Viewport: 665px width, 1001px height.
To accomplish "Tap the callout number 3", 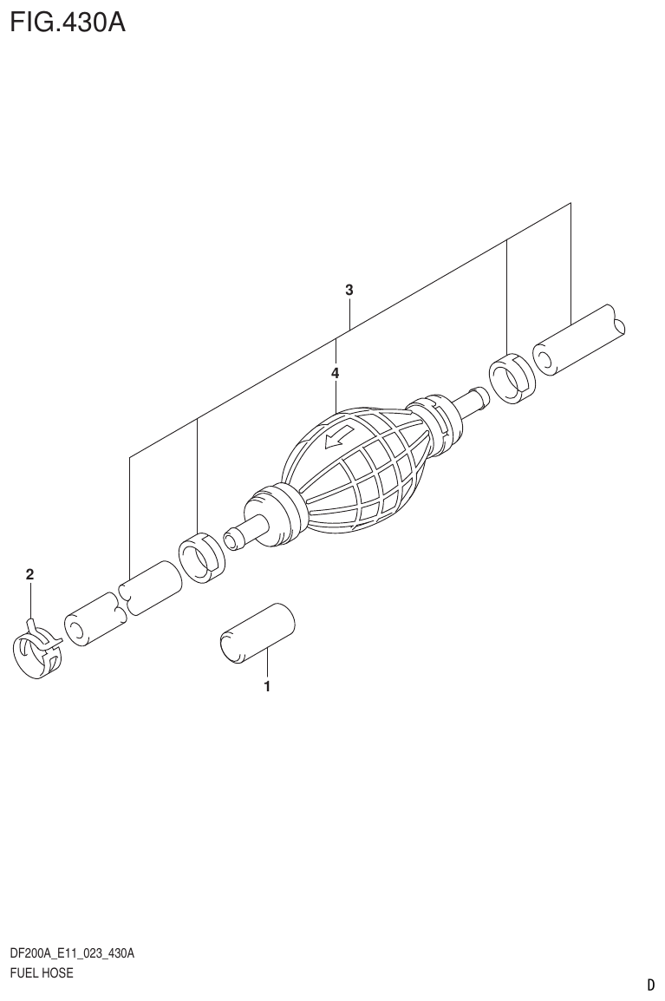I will pyautogui.click(x=349, y=291).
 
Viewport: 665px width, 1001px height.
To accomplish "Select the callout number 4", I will pyautogui.click(x=335, y=373).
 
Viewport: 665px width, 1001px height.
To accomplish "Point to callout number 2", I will pyautogui.click(x=29, y=574).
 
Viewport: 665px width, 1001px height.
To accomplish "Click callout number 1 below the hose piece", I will pyautogui.click(x=267, y=687).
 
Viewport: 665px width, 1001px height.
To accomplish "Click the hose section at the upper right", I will pyautogui.click(x=579, y=339).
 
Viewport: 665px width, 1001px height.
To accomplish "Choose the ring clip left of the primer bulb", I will pyautogui.click(x=202, y=558).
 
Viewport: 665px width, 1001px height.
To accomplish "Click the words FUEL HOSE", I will pyautogui.click(x=41, y=972).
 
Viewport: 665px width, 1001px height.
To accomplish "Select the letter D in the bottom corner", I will pyautogui.click(x=650, y=985).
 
